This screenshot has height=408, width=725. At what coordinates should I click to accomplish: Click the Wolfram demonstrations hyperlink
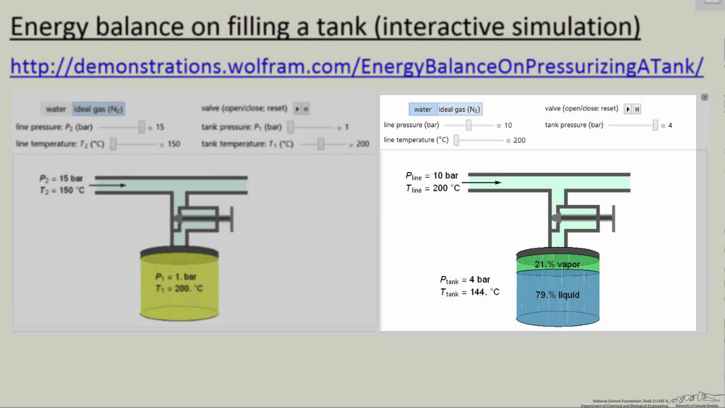[357, 66]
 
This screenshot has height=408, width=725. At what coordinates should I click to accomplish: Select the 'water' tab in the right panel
[423, 109]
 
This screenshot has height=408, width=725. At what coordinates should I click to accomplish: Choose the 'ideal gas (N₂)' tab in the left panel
[99, 109]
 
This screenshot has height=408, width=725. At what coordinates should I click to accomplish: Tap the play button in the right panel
[628, 109]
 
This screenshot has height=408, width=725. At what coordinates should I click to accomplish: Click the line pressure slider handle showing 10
[468, 125]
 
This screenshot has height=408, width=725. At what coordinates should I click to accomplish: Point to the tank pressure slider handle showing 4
[655, 125]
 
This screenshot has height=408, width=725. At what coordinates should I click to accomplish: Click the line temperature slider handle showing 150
[113, 144]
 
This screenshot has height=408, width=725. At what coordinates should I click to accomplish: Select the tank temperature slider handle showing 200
[321, 144]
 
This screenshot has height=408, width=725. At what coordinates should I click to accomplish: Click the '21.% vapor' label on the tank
[557, 265]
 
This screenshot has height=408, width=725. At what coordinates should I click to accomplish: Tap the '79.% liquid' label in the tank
[557, 295]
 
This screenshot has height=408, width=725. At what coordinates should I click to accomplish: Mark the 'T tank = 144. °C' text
[470, 292]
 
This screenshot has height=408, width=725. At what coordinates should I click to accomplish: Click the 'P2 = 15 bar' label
[61, 178]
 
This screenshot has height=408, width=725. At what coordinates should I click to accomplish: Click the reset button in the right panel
[637, 109]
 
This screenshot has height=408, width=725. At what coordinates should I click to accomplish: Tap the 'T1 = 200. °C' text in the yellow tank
[179, 288]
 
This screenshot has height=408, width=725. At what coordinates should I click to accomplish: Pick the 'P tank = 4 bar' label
[465, 280]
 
